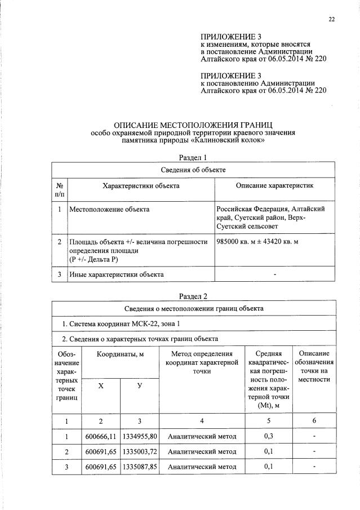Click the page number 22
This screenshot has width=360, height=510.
[x=331, y=20]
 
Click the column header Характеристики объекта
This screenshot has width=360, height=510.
[x=141, y=185]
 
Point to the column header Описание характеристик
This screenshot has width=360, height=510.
[x=274, y=185]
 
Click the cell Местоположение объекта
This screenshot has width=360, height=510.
[x=109, y=210]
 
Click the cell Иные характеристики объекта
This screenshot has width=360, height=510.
[x=117, y=274]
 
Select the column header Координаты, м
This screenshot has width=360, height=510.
[x=120, y=353]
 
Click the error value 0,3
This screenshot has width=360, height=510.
[x=272, y=436]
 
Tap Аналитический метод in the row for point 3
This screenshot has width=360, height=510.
[x=202, y=467]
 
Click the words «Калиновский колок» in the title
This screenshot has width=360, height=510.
[x=230, y=140]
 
